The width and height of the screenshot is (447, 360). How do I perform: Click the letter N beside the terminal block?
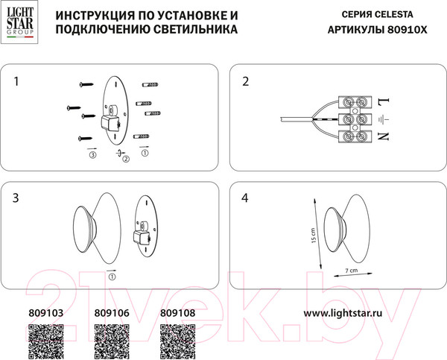tap(384, 137)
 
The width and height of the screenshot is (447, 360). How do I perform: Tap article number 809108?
tap(178, 314)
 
